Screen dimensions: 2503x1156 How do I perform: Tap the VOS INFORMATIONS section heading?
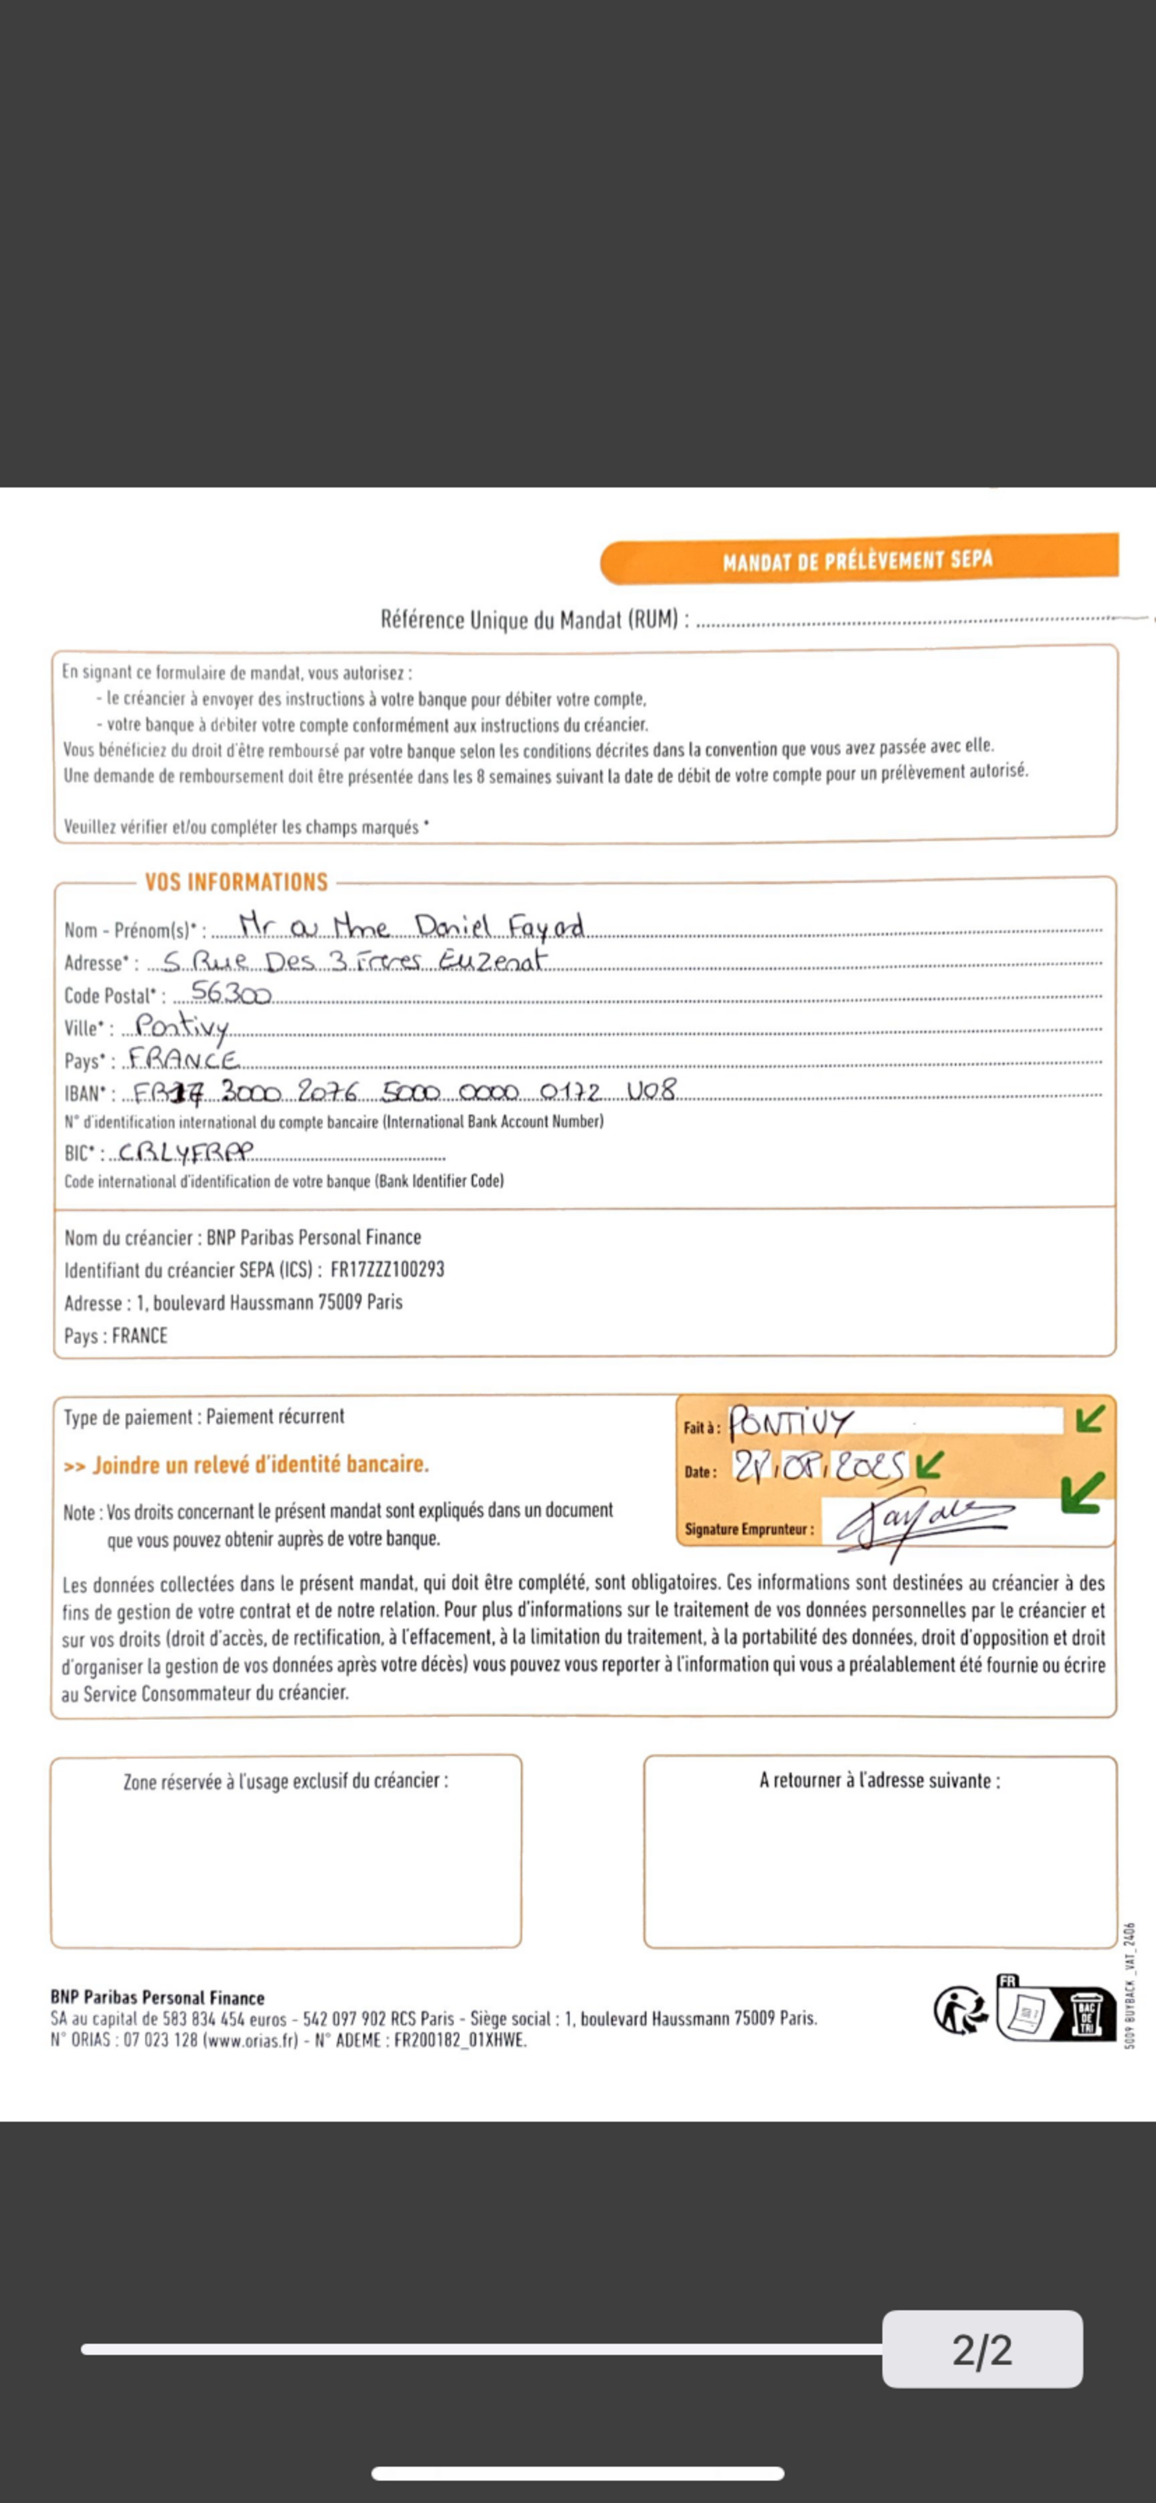pos(236,882)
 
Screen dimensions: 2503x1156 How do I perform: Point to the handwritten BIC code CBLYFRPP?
pos(184,1152)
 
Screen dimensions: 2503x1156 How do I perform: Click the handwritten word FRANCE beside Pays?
pos(184,1059)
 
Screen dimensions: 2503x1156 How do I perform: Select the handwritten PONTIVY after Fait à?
pos(790,1425)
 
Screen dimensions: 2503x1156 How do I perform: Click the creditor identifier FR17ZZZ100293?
pos(388,1270)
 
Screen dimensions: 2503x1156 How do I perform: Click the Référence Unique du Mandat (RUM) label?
pos(534,620)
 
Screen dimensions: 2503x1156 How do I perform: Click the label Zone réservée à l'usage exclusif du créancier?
pos(286,1781)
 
